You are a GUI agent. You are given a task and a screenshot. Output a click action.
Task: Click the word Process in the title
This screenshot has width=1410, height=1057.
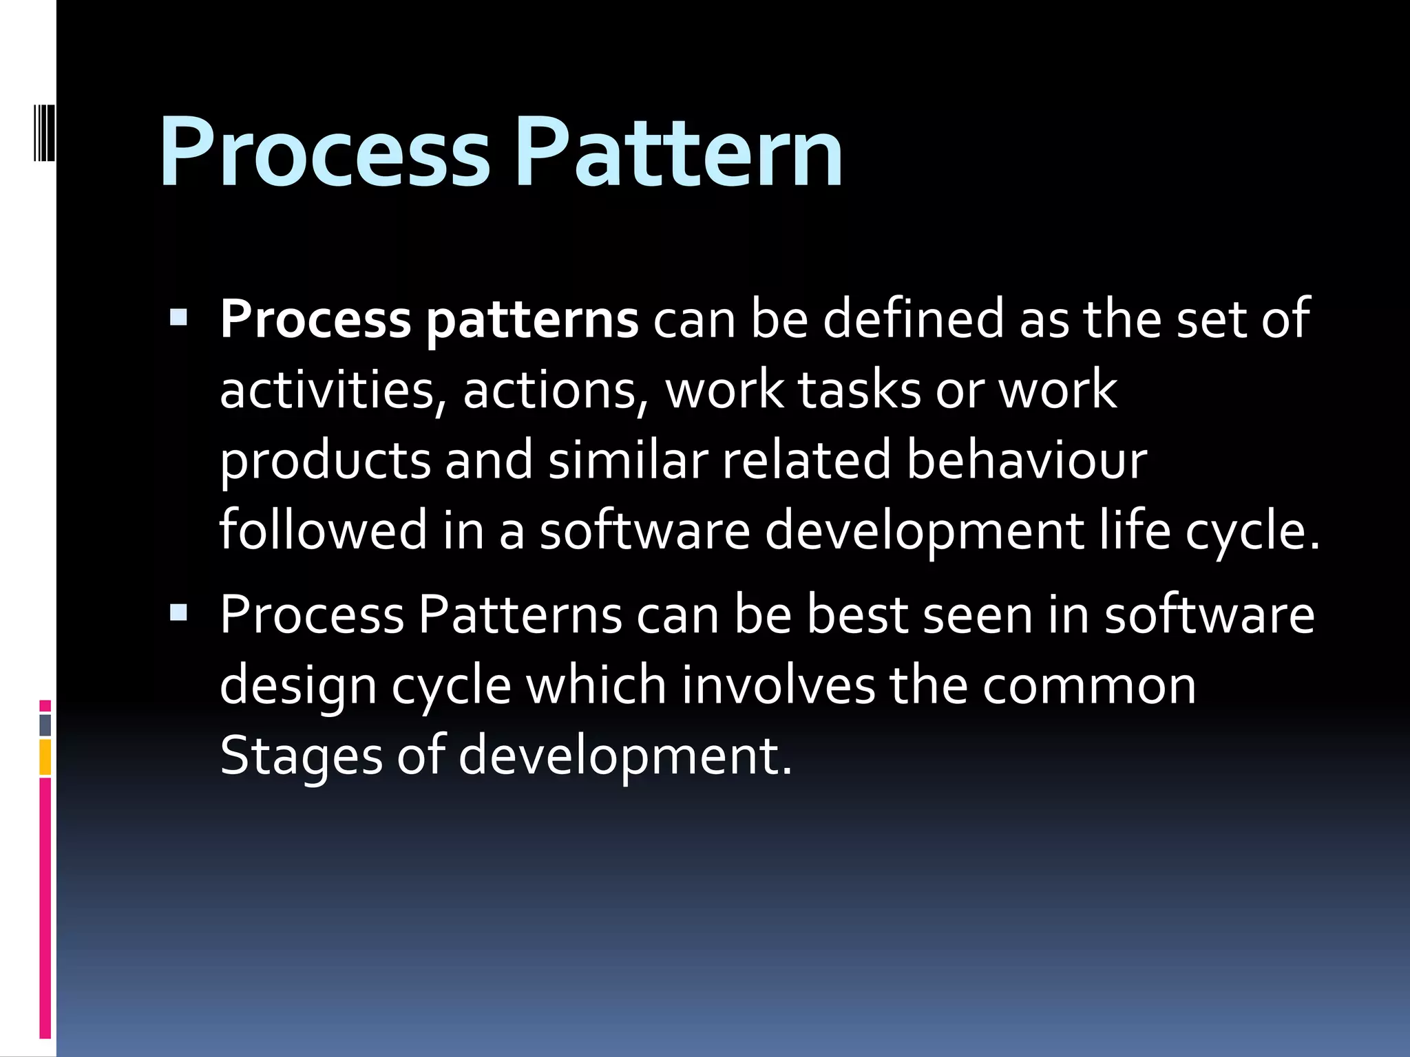[x=324, y=153]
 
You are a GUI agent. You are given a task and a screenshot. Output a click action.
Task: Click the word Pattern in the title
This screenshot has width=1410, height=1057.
[x=678, y=153]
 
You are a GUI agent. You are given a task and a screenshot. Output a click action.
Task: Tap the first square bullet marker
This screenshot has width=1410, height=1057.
[x=178, y=317]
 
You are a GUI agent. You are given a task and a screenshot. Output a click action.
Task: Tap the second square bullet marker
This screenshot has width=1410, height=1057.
[x=178, y=612]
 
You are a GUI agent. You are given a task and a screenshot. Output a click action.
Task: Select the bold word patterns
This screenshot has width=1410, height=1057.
[x=532, y=321]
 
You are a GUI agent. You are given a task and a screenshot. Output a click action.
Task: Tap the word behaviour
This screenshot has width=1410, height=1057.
[x=1026, y=460]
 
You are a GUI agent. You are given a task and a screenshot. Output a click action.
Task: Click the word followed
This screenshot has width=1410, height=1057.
[x=324, y=530]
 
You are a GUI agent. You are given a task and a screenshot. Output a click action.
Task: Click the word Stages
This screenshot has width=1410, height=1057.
[x=300, y=756]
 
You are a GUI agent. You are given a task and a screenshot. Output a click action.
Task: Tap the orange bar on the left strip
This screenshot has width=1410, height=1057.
[x=45, y=757]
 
